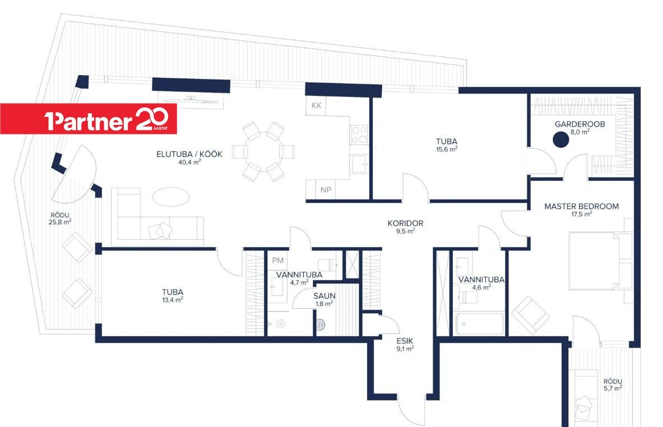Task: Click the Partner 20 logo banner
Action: (89, 119)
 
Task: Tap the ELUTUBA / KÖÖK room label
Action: (189, 154)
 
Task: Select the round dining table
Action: (263, 151)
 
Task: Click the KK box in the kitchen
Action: (316, 105)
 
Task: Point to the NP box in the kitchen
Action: (326, 190)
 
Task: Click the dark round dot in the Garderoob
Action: (560, 140)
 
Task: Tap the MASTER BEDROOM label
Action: (581, 206)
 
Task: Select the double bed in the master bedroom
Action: (600, 261)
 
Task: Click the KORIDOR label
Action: (405, 223)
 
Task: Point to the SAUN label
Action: (324, 296)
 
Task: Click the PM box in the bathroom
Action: (278, 261)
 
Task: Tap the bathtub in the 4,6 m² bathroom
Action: (480, 323)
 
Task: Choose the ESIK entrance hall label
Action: (405, 341)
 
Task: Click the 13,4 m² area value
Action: (173, 300)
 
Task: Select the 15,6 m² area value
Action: (447, 149)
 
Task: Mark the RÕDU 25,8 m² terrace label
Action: (59, 219)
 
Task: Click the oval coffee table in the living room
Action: (171, 197)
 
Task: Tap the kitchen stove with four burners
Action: (359, 134)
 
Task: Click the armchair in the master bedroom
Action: (530, 314)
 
